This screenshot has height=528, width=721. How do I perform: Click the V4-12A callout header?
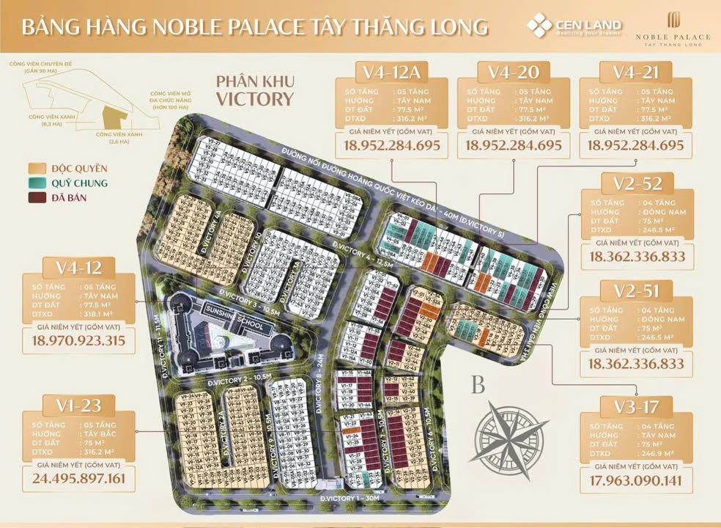click(392, 72)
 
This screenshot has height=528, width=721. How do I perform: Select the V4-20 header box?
click(513, 72)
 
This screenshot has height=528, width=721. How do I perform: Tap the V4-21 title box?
click(635, 72)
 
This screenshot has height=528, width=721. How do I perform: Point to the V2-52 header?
click(636, 184)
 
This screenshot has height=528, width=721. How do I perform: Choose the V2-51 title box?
click(636, 291)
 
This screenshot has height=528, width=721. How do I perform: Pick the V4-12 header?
click(78, 267)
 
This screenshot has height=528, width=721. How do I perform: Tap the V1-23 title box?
click(78, 406)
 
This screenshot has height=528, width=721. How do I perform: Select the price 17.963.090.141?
click(636, 481)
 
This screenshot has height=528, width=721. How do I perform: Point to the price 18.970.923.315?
click(78, 340)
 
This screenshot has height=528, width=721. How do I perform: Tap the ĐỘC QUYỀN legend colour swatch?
click(37, 168)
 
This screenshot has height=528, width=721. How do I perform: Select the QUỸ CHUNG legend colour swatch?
click(37, 183)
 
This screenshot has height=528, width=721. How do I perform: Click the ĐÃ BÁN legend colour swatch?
click(37, 197)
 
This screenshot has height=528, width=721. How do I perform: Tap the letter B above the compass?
click(478, 385)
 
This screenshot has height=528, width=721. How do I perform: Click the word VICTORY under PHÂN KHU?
click(255, 99)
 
